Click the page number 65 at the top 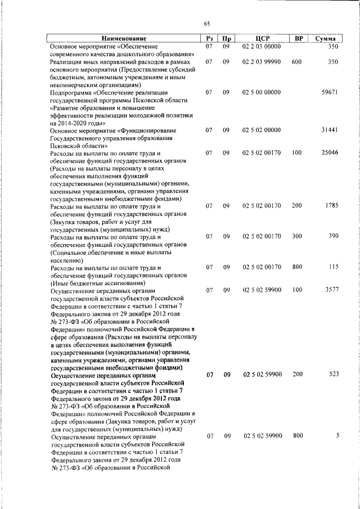point(206,23)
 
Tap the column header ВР point(299,38)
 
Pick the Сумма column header point(326,38)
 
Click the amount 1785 point(331,206)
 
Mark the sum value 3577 point(331,290)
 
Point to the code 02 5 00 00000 point(262,92)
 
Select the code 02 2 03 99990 point(262,61)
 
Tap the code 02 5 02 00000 point(262,130)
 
